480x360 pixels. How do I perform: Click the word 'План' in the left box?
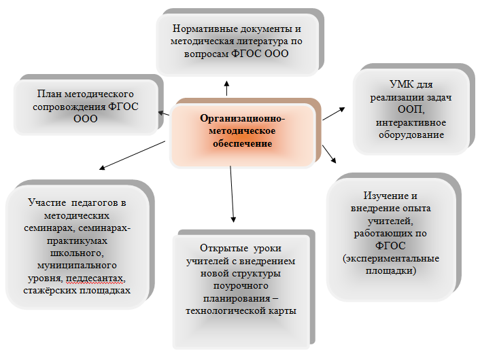click(x=47, y=94)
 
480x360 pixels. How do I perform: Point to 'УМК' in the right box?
click(x=400, y=84)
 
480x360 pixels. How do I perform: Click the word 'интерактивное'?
click(x=411, y=123)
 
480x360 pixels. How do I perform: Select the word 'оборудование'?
click(x=411, y=135)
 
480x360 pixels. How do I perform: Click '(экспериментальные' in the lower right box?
click(x=391, y=259)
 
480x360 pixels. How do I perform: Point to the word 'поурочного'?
click(x=241, y=286)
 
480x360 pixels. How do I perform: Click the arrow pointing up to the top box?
click(x=227, y=88)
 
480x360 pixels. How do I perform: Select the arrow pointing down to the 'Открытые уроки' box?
click(x=232, y=194)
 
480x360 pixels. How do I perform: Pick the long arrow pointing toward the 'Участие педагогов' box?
click(x=133, y=155)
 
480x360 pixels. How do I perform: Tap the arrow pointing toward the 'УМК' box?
click(x=334, y=114)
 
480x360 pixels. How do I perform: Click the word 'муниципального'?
click(x=77, y=265)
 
